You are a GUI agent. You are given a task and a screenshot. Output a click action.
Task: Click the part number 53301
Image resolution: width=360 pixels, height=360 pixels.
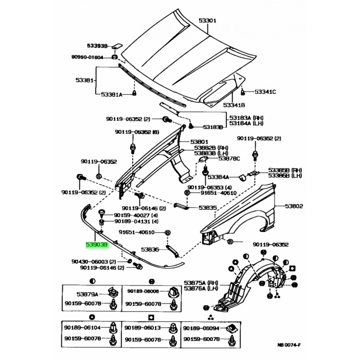(x=208, y=21)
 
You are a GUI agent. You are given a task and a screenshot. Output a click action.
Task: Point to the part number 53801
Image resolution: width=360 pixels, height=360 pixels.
(x=199, y=141)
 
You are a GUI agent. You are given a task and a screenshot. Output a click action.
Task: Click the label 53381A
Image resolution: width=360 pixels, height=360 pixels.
(x=111, y=94)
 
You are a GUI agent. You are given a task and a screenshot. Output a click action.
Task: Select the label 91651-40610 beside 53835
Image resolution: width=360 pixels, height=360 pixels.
(x=217, y=193)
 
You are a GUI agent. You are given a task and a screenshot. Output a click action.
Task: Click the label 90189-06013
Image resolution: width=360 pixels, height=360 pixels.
(x=144, y=328)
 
